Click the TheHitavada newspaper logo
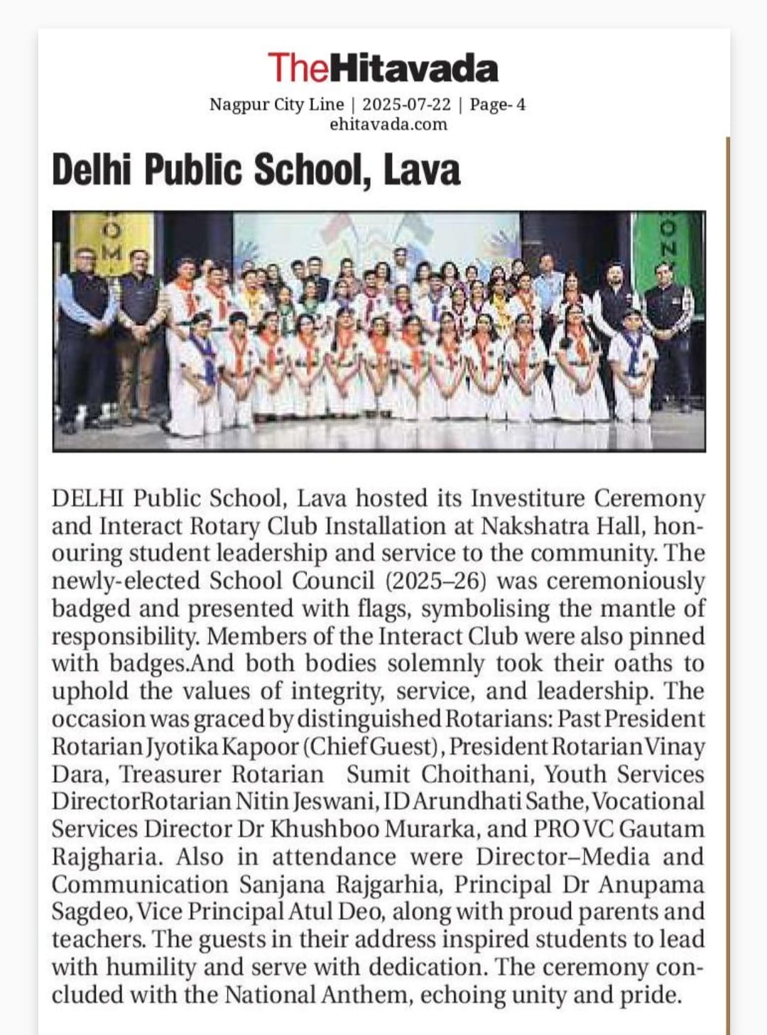(x=383, y=68)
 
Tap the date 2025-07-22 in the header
(x=406, y=104)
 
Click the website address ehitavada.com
(x=388, y=124)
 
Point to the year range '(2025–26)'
(x=436, y=581)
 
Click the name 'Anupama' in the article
(x=651, y=885)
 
